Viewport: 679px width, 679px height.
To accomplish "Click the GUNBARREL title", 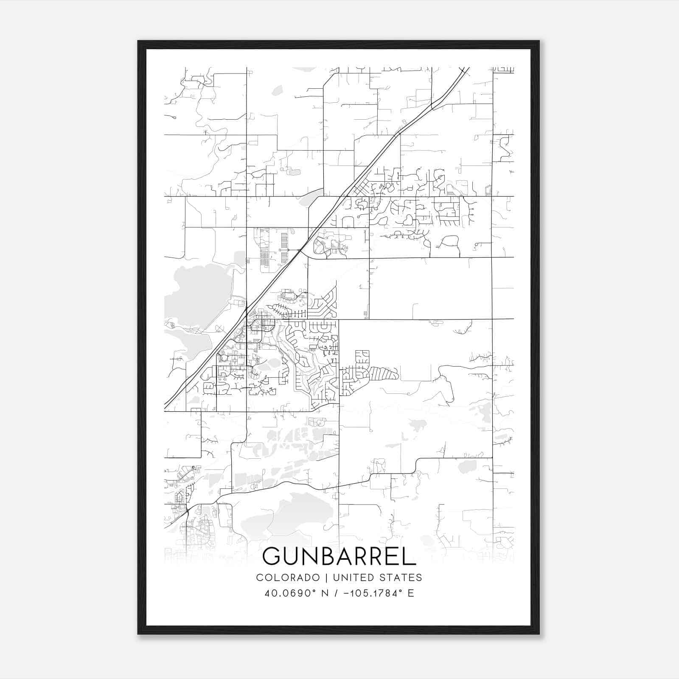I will (x=339, y=556).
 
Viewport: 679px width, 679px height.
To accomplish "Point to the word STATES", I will (x=401, y=578).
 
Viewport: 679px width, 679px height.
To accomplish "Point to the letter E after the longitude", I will (x=410, y=593).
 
